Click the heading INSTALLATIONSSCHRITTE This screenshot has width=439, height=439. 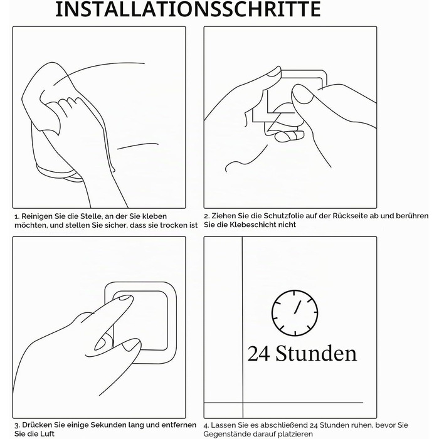[x=188, y=9]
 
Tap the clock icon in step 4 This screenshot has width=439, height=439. [x=295, y=313]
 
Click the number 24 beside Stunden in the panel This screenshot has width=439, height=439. [x=258, y=354]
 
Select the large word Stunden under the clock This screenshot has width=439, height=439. [x=316, y=353]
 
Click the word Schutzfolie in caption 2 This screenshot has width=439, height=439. [x=283, y=216]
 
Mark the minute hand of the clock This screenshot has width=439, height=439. [x=297, y=307]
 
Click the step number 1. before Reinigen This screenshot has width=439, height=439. [x=17, y=217]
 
